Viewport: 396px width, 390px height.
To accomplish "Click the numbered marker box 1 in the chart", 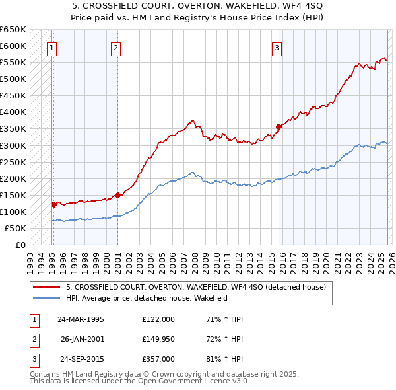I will click(51, 47).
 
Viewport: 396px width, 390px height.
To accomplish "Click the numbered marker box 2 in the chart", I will click(115, 47).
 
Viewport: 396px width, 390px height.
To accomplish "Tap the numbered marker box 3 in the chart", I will click(277, 47).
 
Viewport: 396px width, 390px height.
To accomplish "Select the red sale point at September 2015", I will click(279, 126).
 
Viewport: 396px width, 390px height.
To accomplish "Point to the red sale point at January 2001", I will click(117, 195).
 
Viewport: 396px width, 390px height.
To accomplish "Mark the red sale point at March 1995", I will click(53, 204).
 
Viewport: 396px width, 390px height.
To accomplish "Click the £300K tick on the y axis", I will click(13, 145).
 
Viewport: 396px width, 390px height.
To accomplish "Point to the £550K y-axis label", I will click(13, 63).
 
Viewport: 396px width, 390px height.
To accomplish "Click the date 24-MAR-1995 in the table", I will click(81, 319).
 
